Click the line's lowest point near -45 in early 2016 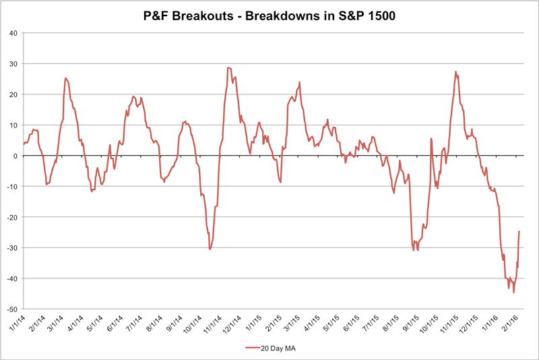tap(513, 293)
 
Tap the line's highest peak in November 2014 tap(229, 67)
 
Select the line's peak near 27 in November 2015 tap(456, 71)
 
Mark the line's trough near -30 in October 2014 tap(210, 249)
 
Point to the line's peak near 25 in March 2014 tap(65, 78)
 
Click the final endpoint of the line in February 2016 tap(519, 231)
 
